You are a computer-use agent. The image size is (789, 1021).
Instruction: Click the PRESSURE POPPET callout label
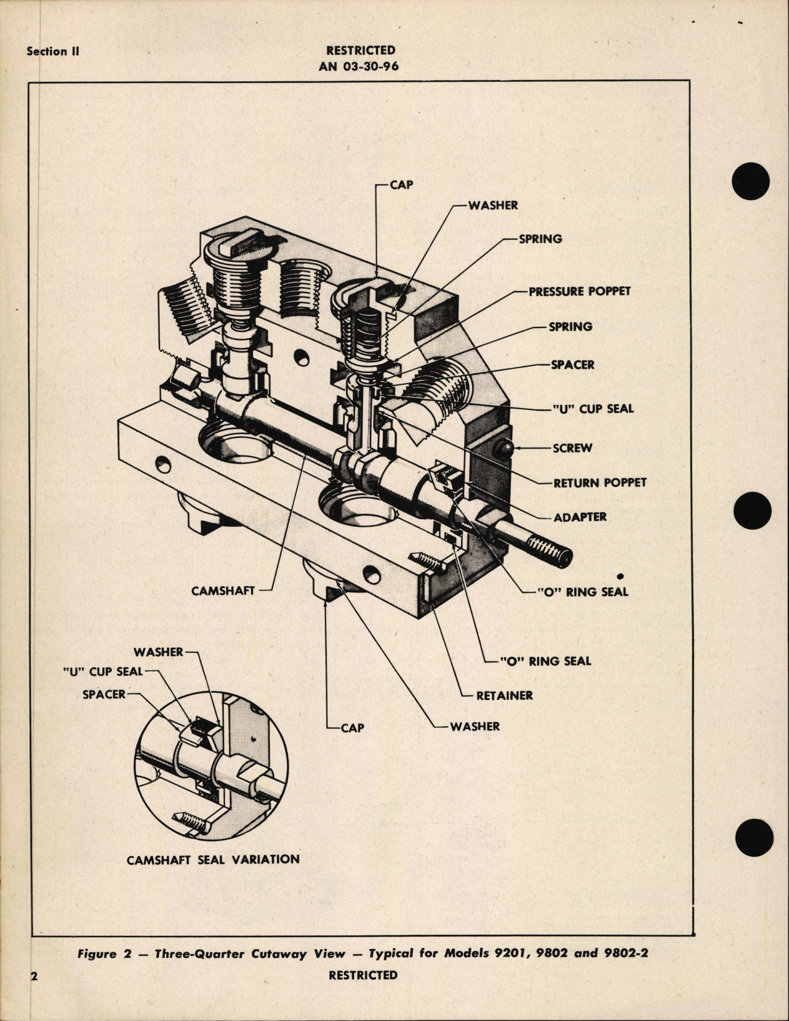tap(579, 292)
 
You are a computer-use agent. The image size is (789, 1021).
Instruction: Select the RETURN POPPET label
tap(600, 483)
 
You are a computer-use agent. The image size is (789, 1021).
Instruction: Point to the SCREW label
tap(572, 449)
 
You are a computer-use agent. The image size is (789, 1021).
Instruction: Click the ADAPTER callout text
tap(580, 517)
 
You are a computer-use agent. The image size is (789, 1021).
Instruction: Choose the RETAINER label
tap(504, 695)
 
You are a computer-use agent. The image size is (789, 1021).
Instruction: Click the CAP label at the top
tap(401, 185)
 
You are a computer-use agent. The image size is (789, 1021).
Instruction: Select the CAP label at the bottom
tap(352, 728)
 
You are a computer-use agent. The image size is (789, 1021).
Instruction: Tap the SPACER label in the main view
tap(572, 365)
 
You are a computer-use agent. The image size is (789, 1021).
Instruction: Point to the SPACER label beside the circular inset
tap(104, 694)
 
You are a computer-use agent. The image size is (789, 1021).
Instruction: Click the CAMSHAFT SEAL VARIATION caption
tap(213, 859)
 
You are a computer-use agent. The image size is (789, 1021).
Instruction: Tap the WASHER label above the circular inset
tap(158, 652)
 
